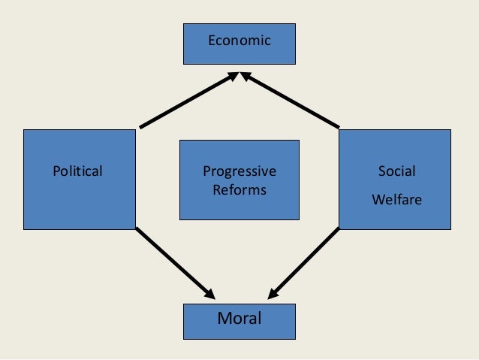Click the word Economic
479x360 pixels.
(x=239, y=41)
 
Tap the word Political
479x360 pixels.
(x=77, y=171)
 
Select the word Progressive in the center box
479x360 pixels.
(x=239, y=171)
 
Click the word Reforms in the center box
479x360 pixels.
(x=239, y=190)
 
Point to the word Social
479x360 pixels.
(x=396, y=171)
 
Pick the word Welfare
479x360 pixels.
(x=396, y=201)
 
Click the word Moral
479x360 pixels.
(x=239, y=319)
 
